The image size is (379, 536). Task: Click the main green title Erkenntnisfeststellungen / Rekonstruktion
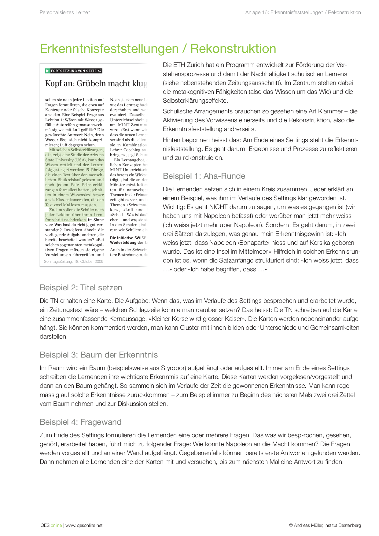click(158, 49)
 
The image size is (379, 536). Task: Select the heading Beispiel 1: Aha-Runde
click(204, 176)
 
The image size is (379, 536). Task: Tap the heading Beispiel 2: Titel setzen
click(81, 288)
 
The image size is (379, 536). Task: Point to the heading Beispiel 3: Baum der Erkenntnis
click(99, 355)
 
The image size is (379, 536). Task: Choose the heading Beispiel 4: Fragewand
click(81, 422)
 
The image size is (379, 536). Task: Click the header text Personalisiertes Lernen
click(65, 13)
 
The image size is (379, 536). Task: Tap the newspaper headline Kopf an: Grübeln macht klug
click(96, 83)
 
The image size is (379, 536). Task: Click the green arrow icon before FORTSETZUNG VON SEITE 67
click(48, 71)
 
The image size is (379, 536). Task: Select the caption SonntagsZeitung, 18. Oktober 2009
click(74, 262)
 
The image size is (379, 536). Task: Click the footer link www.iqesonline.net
click(84, 525)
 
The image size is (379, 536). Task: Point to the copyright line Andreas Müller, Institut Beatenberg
click(327, 525)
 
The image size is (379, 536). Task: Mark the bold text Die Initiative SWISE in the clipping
click(128, 238)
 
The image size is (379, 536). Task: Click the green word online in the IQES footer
click(56, 525)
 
